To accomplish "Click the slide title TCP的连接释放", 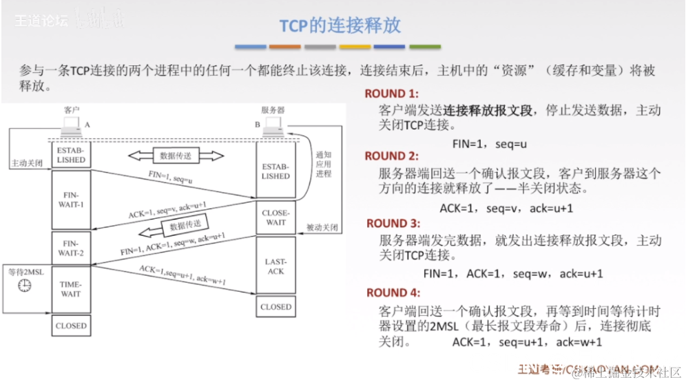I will [340, 25].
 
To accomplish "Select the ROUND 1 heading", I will [391, 94].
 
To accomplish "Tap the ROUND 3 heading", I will [392, 223].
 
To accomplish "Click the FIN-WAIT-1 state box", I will [71, 200].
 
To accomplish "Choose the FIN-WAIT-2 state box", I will [71, 248].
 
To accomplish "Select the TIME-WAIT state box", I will [71, 289].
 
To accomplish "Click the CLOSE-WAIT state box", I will [276, 217].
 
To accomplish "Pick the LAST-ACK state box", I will [276, 266].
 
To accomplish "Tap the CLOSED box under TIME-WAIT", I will [71, 326].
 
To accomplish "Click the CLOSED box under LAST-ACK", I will [276, 307].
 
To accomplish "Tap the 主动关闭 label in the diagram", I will [27, 164].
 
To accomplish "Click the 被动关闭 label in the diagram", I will [322, 227].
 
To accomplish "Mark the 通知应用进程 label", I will [323, 164].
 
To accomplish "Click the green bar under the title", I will [424, 47].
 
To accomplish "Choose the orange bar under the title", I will [285, 47].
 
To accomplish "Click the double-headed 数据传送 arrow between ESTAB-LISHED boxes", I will [176, 156].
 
